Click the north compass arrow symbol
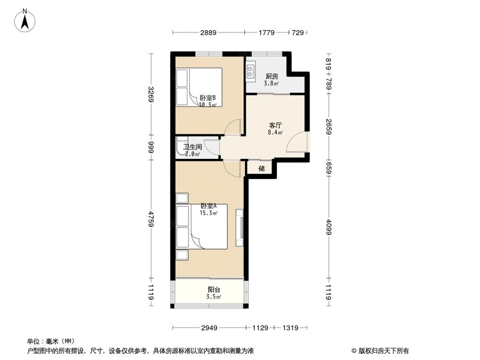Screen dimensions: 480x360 (25, 21)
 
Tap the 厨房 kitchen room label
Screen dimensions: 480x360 (272, 76)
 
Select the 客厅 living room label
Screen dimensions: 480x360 (275, 125)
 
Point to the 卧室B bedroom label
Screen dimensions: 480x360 (208, 98)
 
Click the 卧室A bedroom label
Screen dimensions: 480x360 (208, 206)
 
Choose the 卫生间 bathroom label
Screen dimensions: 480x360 (192, 147)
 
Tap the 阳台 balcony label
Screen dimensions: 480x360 (214, 289)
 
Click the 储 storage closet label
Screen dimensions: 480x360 (262, 168)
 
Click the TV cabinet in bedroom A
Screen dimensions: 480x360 (240, 228)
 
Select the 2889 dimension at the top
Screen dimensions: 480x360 (208, 33)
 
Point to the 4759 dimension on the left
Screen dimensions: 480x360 (151, 218)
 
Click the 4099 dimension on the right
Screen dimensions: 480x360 (328, 227)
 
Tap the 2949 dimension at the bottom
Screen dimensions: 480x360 (209, 328)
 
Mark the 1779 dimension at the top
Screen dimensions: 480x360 (266, 33)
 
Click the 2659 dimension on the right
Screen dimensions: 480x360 (328, 127)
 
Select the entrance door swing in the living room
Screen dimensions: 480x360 (296, 142)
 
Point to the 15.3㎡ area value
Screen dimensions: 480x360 (208, 213)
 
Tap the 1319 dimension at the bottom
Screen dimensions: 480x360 (290, 328)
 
